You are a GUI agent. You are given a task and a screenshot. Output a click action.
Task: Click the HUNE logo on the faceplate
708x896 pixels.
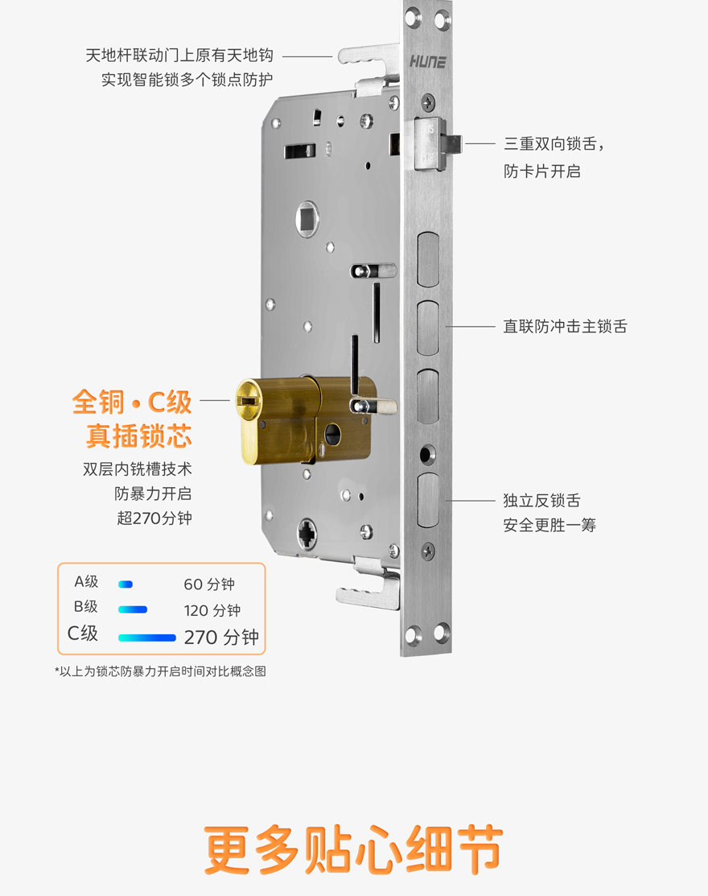coord(428,62)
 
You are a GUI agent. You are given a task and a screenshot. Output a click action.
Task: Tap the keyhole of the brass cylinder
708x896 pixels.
coord(248,401)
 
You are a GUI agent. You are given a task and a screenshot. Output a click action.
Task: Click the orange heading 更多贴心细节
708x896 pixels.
coord(353,850)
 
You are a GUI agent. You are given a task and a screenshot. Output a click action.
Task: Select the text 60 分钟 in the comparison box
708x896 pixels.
coord(209,584)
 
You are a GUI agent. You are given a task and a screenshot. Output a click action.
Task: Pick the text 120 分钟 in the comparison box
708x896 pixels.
coord(212,610)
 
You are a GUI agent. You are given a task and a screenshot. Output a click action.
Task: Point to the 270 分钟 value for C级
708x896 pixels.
coord(221,637)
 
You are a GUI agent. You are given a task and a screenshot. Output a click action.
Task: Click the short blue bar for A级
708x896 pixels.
coord(126,584)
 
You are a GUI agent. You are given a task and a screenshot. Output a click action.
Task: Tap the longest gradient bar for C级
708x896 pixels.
coord(146,637)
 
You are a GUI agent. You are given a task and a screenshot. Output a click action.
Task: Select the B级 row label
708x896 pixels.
coord(85,606)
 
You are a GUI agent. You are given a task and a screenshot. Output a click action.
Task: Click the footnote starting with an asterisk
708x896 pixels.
coord(160,671)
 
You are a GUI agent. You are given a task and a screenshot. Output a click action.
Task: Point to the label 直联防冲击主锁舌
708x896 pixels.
coord(565,326)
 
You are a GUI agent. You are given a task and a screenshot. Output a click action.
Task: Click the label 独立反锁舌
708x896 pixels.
coord(541,501)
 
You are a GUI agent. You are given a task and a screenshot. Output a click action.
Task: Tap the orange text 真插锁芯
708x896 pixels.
coord(138,436)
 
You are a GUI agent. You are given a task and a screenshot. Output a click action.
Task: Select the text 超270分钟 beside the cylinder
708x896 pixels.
coord(154,518)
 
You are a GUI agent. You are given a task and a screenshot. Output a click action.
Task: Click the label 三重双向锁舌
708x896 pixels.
coord(550,143)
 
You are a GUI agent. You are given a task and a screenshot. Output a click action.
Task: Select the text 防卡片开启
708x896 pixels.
coord(541,171)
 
